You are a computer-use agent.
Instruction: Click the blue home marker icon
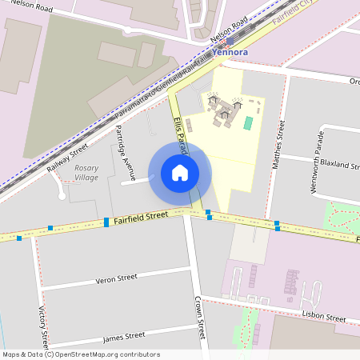(x=180, y=172)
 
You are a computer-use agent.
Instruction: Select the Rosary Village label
(x=86, y=172)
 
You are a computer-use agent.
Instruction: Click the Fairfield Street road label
(x=140, y=216)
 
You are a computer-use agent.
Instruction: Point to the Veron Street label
(x=117, y=280)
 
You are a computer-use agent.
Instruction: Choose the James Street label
(x=124, y=337)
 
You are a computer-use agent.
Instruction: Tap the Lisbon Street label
(x=323, y=317)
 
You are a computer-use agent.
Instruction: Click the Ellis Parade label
(x=180, y=132)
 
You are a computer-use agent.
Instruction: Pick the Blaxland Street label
(x=338, y=165)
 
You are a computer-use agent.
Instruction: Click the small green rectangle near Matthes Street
(x=248, y=123)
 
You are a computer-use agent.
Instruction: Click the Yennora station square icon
(x=230, y=40)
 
